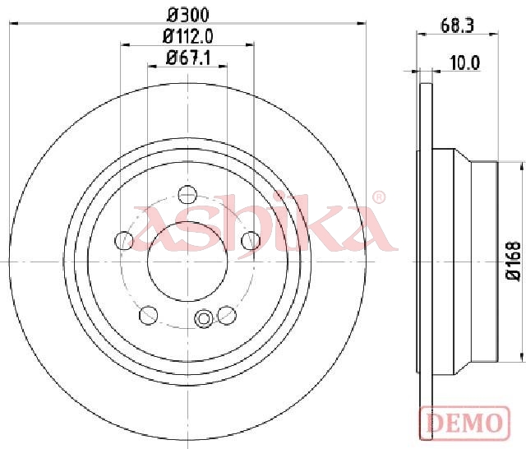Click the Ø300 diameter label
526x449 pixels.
click(188, 15)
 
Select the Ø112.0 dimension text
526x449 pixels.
click(188, 36)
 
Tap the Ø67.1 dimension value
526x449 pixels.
click(188, 58)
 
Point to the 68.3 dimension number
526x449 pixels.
click(457, 25)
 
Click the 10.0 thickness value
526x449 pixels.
click(465, 63)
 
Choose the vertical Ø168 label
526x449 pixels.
click(513, 261)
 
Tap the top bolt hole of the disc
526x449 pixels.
click(187, 194)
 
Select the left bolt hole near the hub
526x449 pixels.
click(124, 240)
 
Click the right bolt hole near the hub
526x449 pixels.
click(251, 240)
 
